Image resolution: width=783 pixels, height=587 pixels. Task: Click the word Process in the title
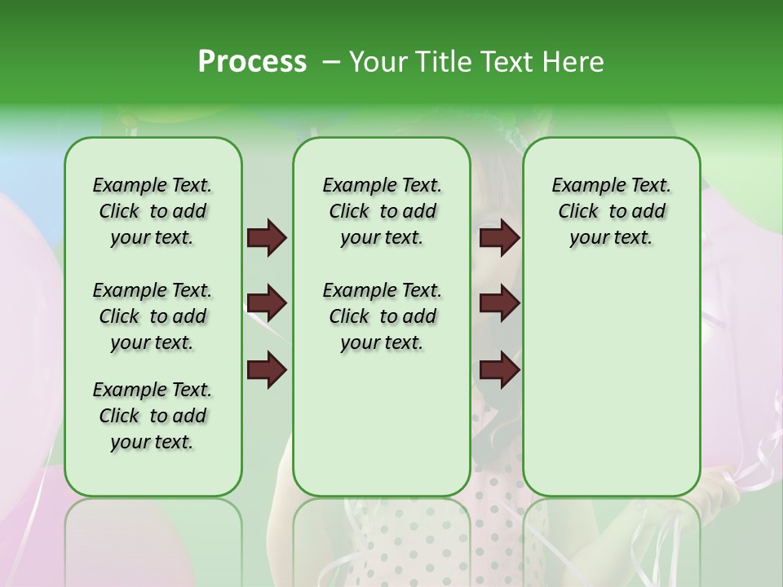252,62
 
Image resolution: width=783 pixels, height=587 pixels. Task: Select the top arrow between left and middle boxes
267,238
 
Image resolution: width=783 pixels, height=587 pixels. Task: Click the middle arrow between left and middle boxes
267,304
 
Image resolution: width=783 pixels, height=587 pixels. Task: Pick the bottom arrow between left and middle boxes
267,370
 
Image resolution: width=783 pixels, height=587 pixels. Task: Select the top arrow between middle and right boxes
499,238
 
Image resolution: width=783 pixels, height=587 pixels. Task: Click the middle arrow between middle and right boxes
499,304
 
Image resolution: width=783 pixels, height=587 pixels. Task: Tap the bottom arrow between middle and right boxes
499,370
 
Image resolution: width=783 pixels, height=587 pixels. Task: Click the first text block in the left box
153,211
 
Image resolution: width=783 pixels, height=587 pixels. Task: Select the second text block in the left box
153,316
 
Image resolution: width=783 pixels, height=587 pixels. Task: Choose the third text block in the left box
153,416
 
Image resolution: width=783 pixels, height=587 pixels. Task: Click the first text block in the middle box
382,211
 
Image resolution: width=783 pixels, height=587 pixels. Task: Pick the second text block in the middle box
382,316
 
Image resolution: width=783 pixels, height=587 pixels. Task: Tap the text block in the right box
611,211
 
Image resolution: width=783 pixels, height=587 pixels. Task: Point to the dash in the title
330,62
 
